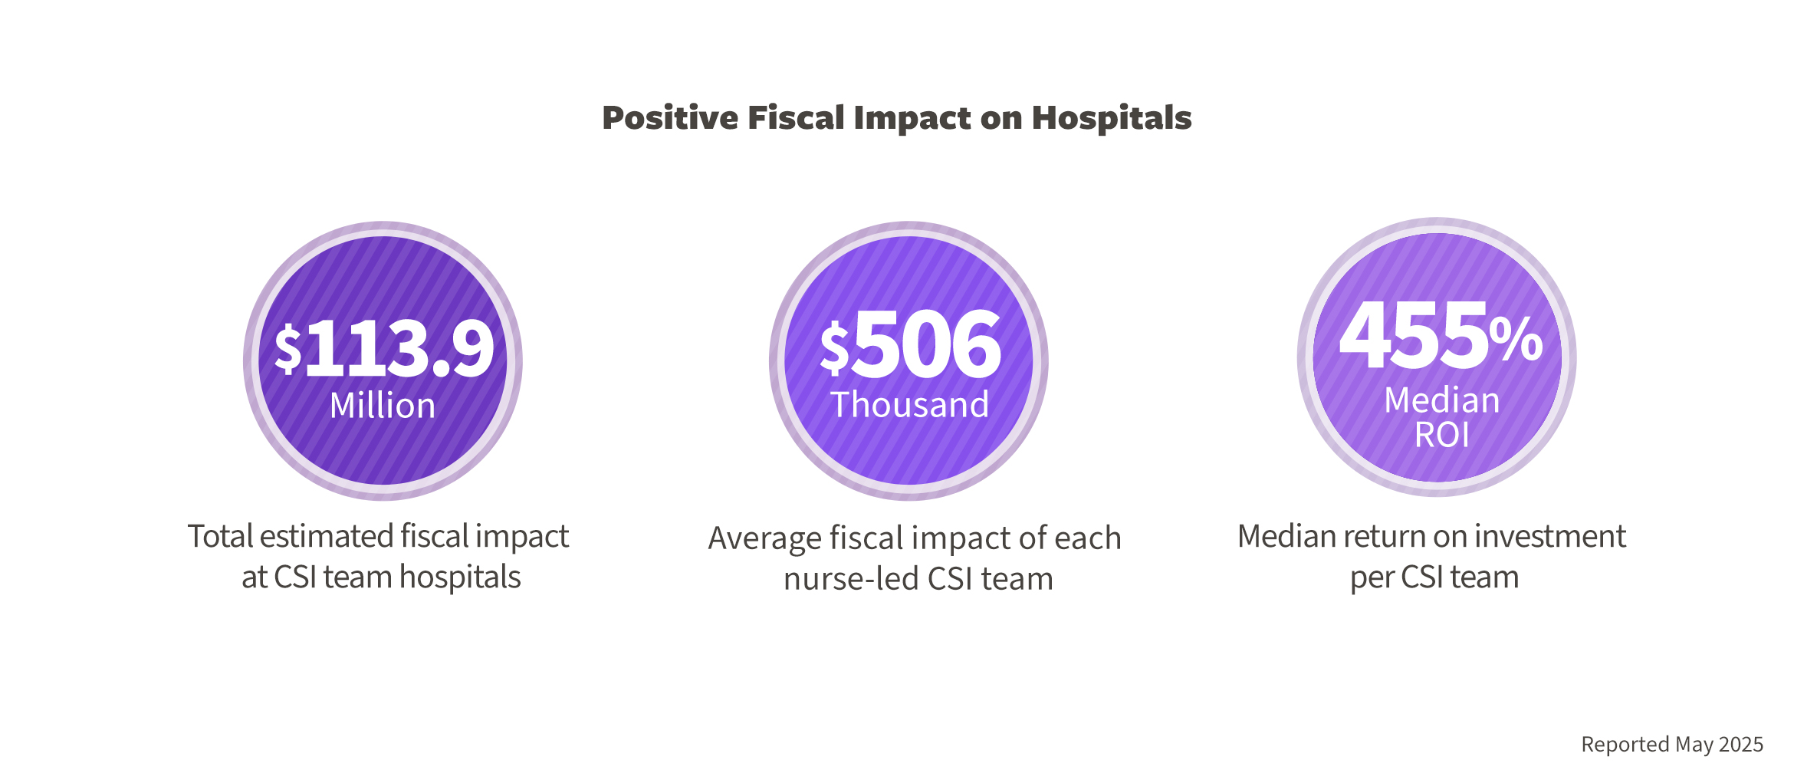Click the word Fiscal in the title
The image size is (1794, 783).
point(796,118)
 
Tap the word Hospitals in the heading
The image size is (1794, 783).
point(1111,118)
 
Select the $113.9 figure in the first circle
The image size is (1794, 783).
point(385,349)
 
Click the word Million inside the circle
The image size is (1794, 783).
point(383,405)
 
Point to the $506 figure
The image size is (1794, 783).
point(911,345)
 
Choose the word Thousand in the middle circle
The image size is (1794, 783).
point(909,404)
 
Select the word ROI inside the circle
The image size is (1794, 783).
point(1441,436)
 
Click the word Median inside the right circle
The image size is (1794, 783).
point(1441,400)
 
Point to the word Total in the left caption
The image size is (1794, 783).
point(220,536)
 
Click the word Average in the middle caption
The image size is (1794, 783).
point(764,538)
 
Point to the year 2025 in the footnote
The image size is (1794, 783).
point(1740,745)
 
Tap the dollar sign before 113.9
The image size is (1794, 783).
point(288,349)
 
